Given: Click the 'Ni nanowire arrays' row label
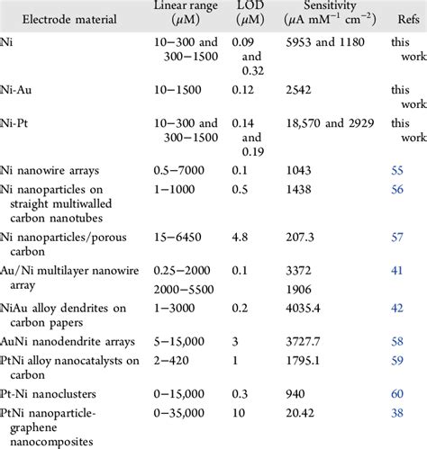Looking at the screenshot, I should point(61,168).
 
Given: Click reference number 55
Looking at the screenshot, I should point(397,168).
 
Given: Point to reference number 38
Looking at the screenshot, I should point(397,416).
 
